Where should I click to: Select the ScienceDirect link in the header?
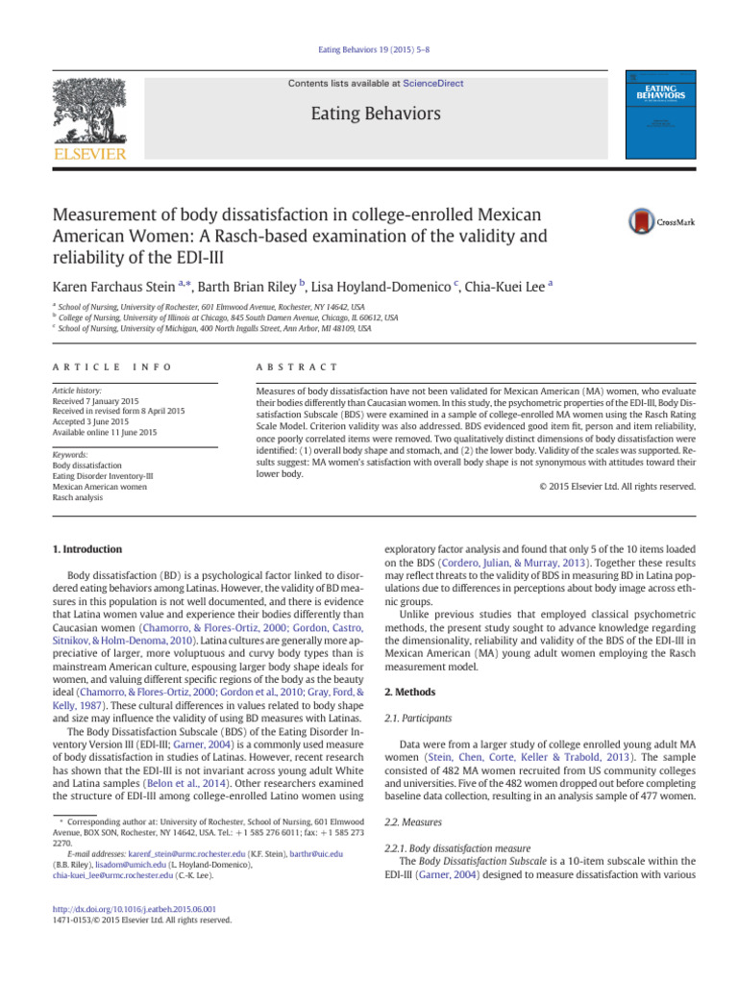click(x=432, y=84)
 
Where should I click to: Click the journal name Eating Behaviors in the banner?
click(x=376, y=114)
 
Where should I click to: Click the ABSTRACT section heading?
click(x=296, y=367)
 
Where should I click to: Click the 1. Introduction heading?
click(x=86, y=549)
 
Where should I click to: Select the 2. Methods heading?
click(x=410, y=692)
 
